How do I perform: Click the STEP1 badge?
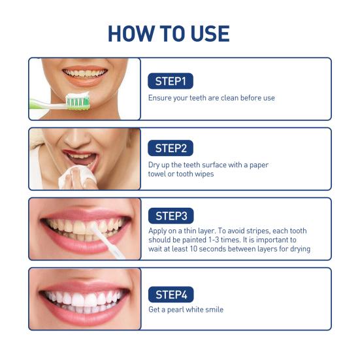pyautogui.click(x=171, y=81)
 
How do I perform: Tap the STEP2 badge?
pyautogui.click(x=171, y=148)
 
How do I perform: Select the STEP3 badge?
pyautogui.click(x=171, y=216)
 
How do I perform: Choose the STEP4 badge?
pyautogui.click(x=171, y=294)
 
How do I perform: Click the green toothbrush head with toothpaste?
pyautogui.click(x=77, y=101)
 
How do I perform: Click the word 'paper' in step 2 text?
pyautogui.click(x=255, y=165)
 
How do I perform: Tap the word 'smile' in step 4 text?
pyautogui.click(x=213, y=310)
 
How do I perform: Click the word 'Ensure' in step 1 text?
pyautogui.click(x=159, y=98)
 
